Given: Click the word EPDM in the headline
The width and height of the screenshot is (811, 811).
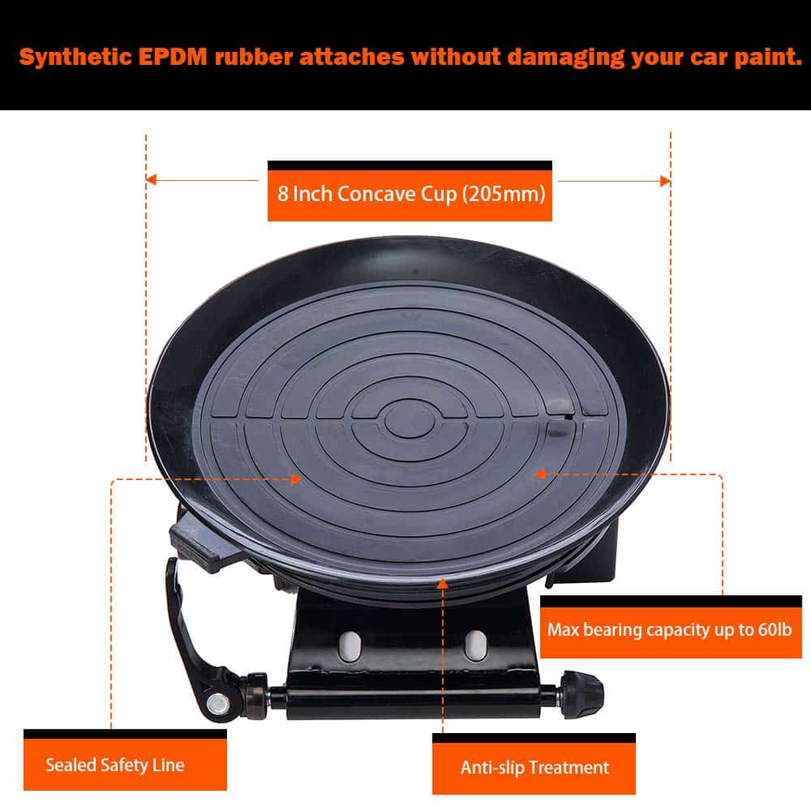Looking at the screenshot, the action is point(173,57).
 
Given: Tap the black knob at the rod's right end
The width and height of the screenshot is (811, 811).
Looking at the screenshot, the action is point(582,693).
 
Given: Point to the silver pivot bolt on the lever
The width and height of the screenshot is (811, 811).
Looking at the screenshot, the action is point(217,703).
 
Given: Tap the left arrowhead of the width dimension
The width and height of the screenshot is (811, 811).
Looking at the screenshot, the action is point(151,179).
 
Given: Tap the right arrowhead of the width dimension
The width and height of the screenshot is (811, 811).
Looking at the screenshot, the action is point(665,181).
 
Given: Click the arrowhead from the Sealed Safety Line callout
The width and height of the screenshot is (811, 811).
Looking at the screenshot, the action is point(297,479).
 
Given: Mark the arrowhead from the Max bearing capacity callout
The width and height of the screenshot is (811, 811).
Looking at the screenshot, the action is point(539,474).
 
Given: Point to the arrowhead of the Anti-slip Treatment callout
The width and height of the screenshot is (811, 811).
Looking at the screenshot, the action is point(442,583).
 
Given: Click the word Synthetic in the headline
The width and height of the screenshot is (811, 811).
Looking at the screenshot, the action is point(76,58).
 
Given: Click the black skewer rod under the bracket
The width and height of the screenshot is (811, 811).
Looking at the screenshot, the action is point(414,698).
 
